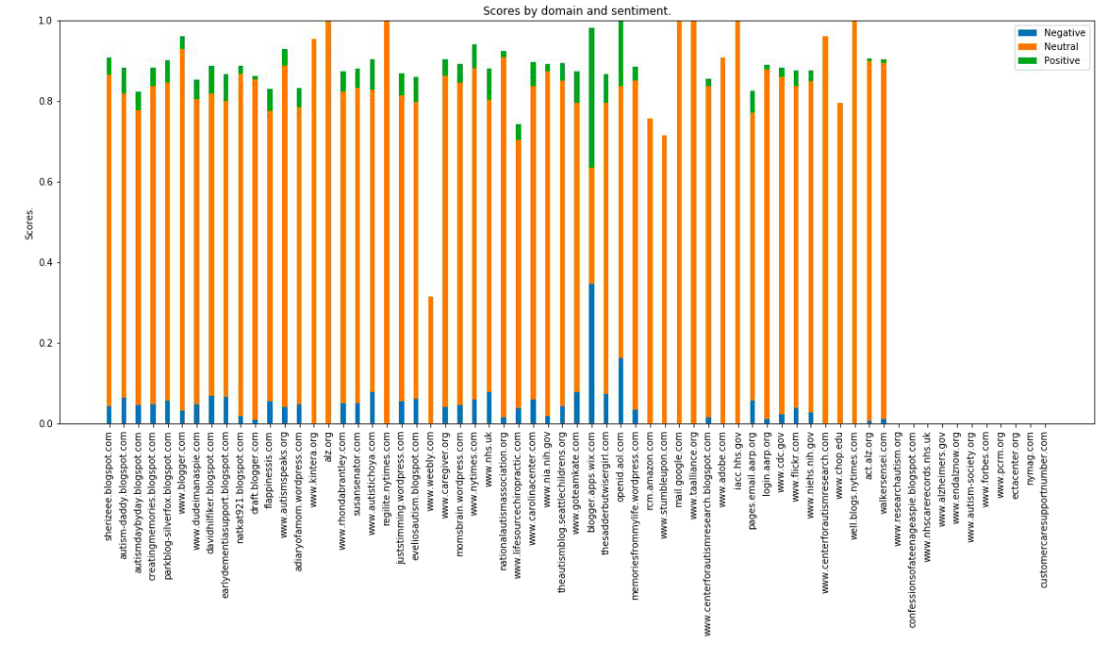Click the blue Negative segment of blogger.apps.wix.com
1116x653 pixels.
pos(590,354)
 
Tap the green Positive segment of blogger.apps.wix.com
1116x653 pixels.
pos(590,97)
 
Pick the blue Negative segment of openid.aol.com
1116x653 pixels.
pos(620,391)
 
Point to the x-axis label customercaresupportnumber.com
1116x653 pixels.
pos(1044,509)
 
